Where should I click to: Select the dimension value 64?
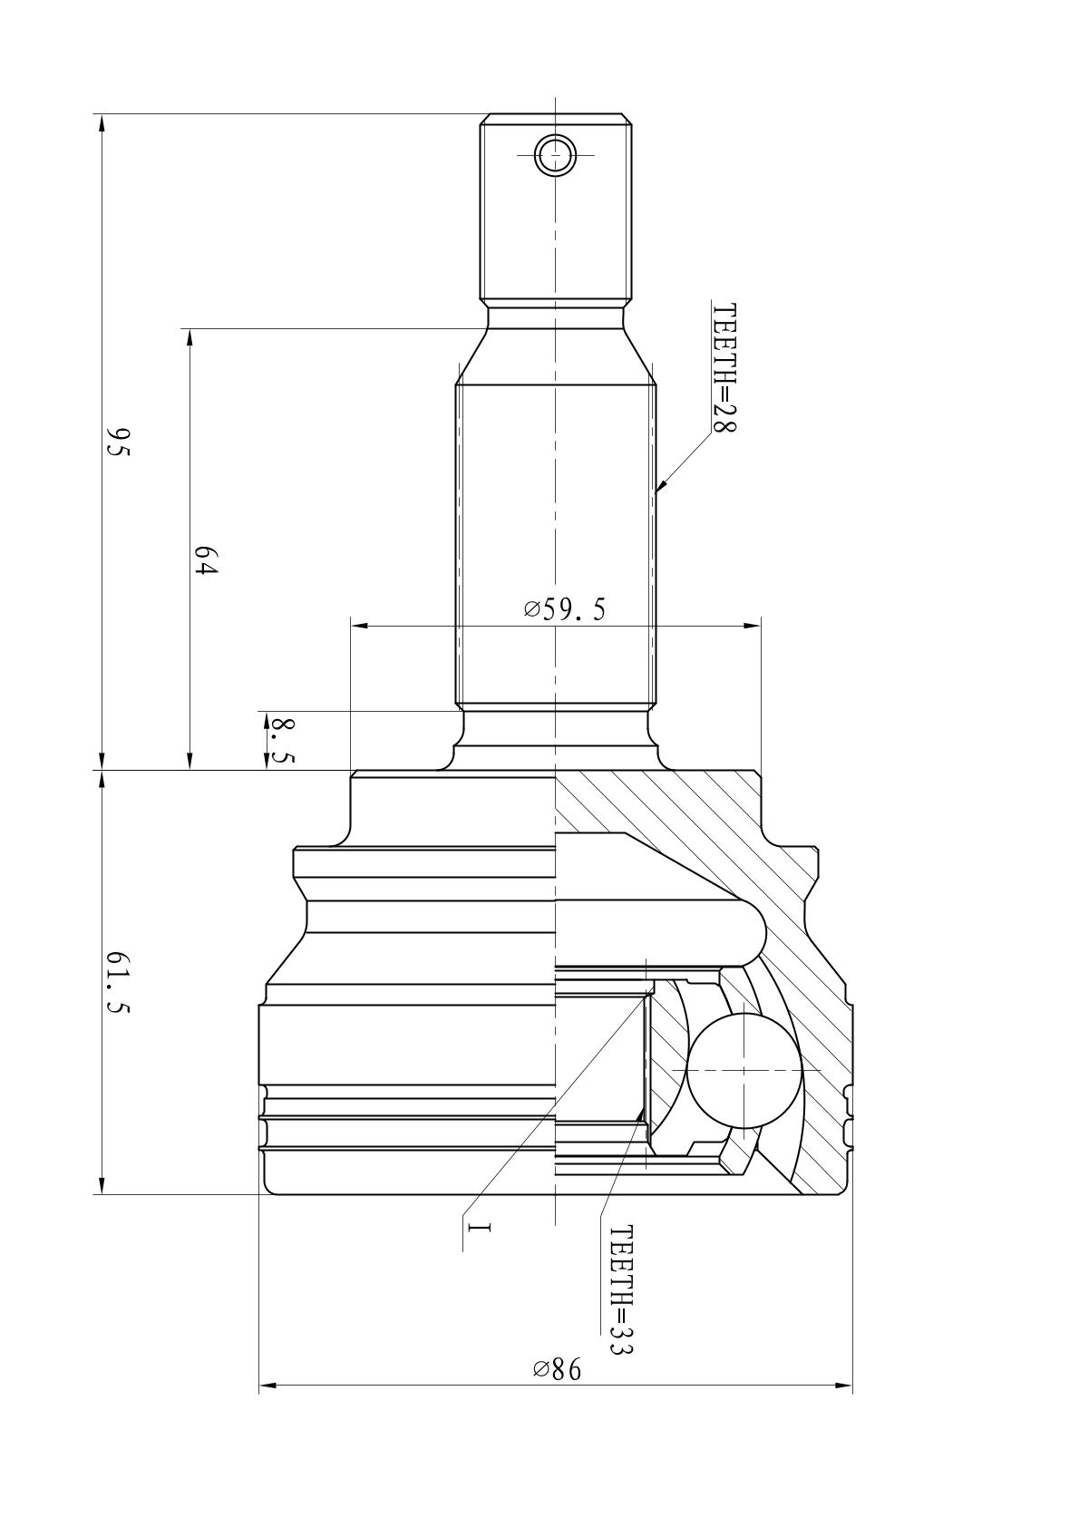pos(205,560)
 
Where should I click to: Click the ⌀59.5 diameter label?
pos(564,608)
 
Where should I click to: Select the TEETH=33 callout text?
pos(621,1284)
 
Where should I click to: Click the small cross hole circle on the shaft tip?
pos(556,155)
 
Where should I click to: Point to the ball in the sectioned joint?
pos(742,1069)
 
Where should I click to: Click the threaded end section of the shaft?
pos(556,210)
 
